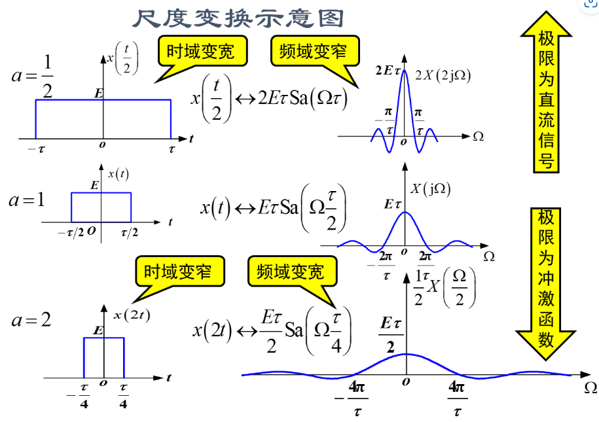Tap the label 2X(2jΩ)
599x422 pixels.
pyautogui.click(x=443, y=75)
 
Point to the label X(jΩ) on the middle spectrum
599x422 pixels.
pyautogui.click(x=431, y=189)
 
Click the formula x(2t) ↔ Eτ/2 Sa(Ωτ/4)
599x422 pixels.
pyautogui.click(x=274, y=327)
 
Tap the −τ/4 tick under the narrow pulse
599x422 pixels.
pyautogui.click(x=83, y=396)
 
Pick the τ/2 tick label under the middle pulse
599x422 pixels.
pyautogui.click(x=129, y=232)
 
